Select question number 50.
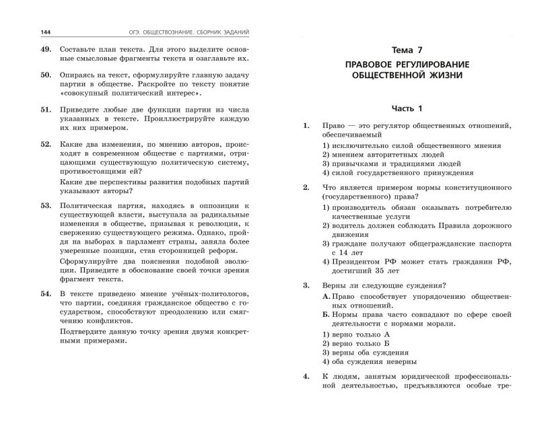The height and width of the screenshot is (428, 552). [x=46, y=79]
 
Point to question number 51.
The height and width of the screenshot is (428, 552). [x=46, y=108]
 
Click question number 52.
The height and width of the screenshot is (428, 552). [x=46, y=143]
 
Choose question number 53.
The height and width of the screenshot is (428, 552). [x=46, y=204]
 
